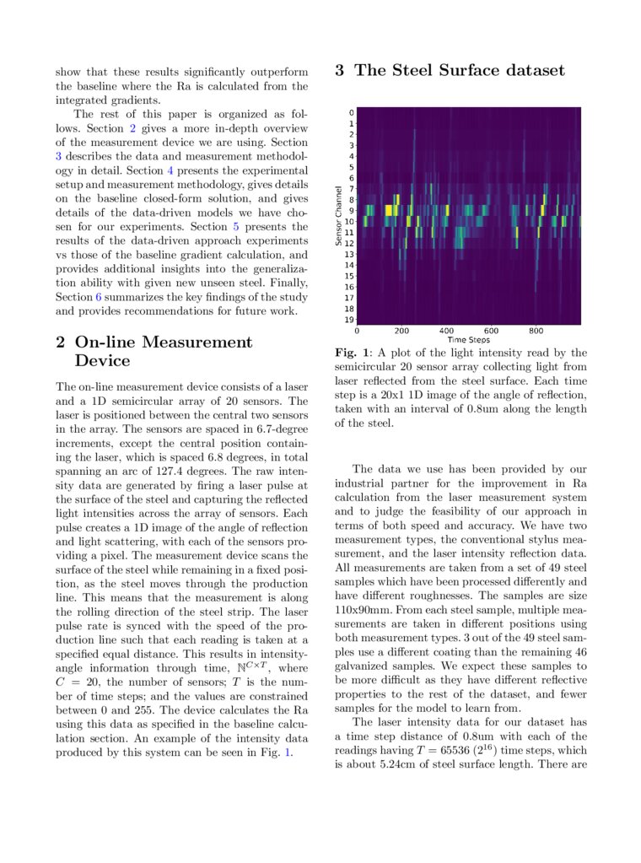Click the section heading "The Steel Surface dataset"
click(459, 71)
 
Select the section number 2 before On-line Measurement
click(61, 343)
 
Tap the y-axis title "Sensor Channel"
click(339, 216)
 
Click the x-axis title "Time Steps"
click(470, 339)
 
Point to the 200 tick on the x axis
click(401, 331)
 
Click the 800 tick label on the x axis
click(536, 331)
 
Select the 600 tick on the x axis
click(491, 331)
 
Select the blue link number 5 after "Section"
click(235, 227)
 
